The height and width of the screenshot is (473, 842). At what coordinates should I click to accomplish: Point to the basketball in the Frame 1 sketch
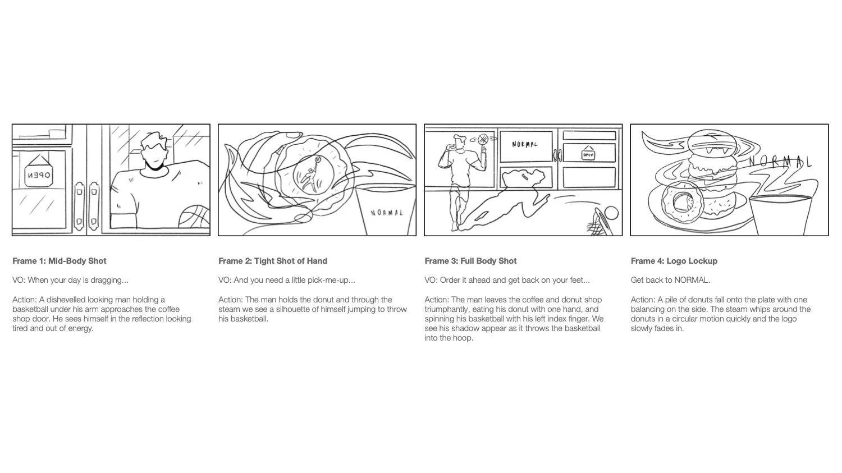(x=194, y=218)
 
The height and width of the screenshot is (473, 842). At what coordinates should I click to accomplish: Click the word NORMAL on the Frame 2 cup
(x=387, y=213)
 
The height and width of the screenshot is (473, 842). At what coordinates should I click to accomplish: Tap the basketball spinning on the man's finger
(x=482, y=138)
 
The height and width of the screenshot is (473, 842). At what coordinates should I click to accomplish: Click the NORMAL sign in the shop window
(x=525, y=145)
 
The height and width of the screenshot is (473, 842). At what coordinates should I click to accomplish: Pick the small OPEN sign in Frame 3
(x=588, y=154)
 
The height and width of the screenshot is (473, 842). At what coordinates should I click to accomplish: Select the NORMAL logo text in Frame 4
(x=780, y=162)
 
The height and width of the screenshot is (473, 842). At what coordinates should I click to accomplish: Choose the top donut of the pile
(x=708, y=140)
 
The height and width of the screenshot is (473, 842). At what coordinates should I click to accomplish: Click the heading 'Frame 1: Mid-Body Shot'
(x=60, y=261)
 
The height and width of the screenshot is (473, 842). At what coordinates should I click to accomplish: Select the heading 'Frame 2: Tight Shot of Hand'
(x=273, y=261)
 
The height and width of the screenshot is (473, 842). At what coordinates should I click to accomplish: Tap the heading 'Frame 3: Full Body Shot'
(x=470, y=261)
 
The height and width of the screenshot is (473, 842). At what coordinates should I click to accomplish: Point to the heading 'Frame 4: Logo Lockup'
(x=674, y=261)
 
